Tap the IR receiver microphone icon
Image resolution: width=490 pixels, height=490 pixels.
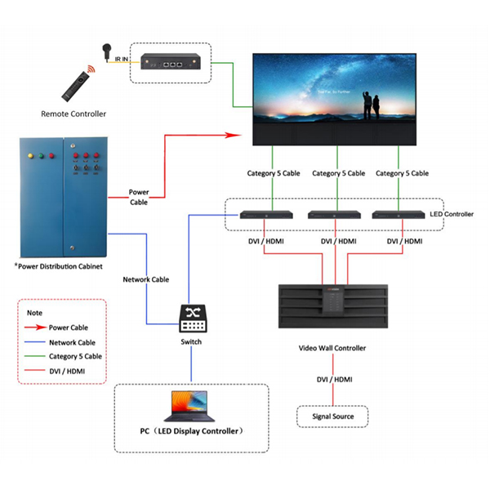point(107,51)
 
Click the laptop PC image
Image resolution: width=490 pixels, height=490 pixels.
point(190,406)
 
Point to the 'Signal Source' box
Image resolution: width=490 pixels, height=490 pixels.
point(332,416)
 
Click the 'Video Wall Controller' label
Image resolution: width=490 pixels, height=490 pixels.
point(332,348)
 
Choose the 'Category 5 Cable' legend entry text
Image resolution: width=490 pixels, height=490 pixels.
point(76,357)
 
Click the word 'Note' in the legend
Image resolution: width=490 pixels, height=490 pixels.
point(34,312)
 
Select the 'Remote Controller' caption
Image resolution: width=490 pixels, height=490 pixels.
point(73,113)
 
